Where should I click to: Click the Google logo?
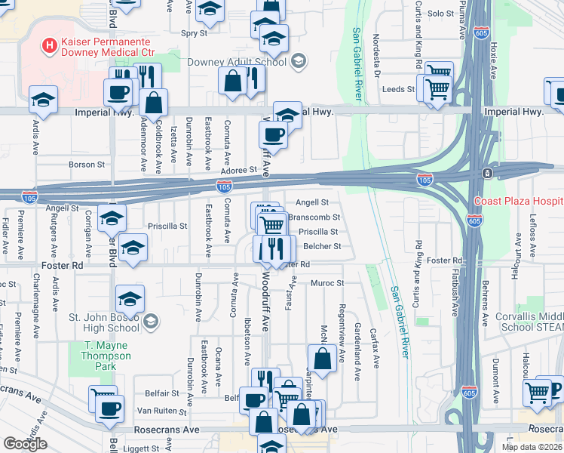click(x=25, y=444)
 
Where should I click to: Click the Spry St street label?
click(x=195, y=33)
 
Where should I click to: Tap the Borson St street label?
click(x=86, y=164)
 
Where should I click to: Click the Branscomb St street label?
click(x=314, y=217)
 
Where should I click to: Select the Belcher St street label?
click(x=323, y=246)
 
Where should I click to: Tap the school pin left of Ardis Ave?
click(x=43, y=100)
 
